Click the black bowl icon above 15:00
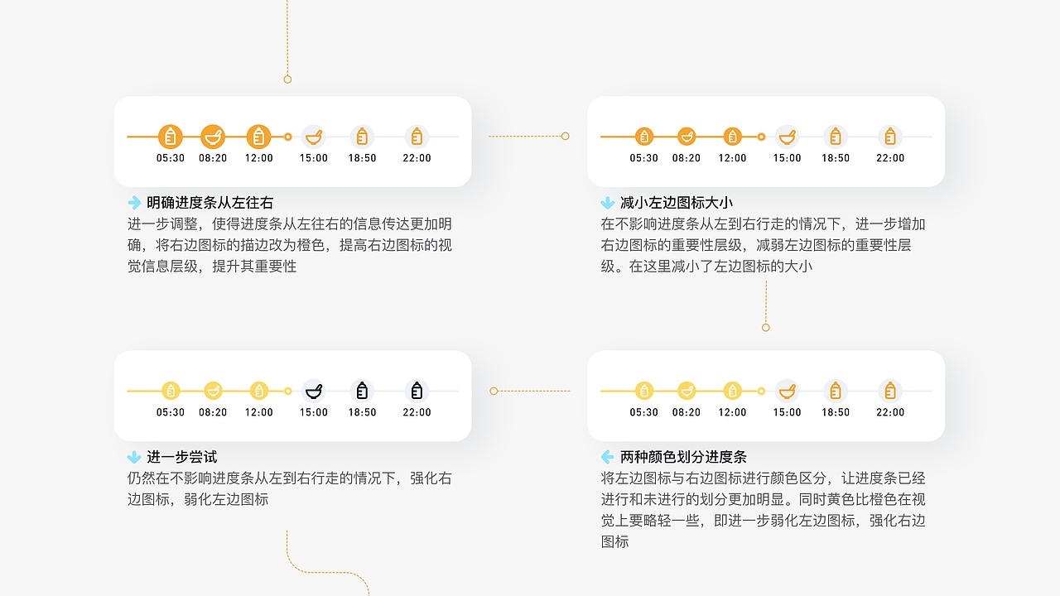tap(314, 392)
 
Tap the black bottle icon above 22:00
tap(417, 391)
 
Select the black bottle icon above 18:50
tap(362, 391)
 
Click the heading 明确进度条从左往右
tap(210, 203)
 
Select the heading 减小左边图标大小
tap(677, 203)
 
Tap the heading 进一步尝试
tap(181, 457)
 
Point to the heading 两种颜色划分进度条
tap(683, 457)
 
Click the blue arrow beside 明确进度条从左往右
tap(134, 203)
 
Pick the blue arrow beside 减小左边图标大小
tap(608, 203)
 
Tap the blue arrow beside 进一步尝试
tap(134, 457)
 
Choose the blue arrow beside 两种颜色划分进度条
tap(608, 457)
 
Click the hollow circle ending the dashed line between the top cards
tap(565, 137)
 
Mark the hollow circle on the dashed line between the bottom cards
tap(494, 392)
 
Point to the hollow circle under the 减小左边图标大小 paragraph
tap(766, 327)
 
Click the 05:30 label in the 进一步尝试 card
tap(171, 412)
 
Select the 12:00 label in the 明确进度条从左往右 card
tap(259, 158)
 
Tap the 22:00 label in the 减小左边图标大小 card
tap(890, 158)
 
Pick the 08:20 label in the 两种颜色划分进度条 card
tap(687, 412)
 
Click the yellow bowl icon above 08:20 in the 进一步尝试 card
tap(213, 392)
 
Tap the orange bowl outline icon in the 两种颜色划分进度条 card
tap(787, 392)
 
